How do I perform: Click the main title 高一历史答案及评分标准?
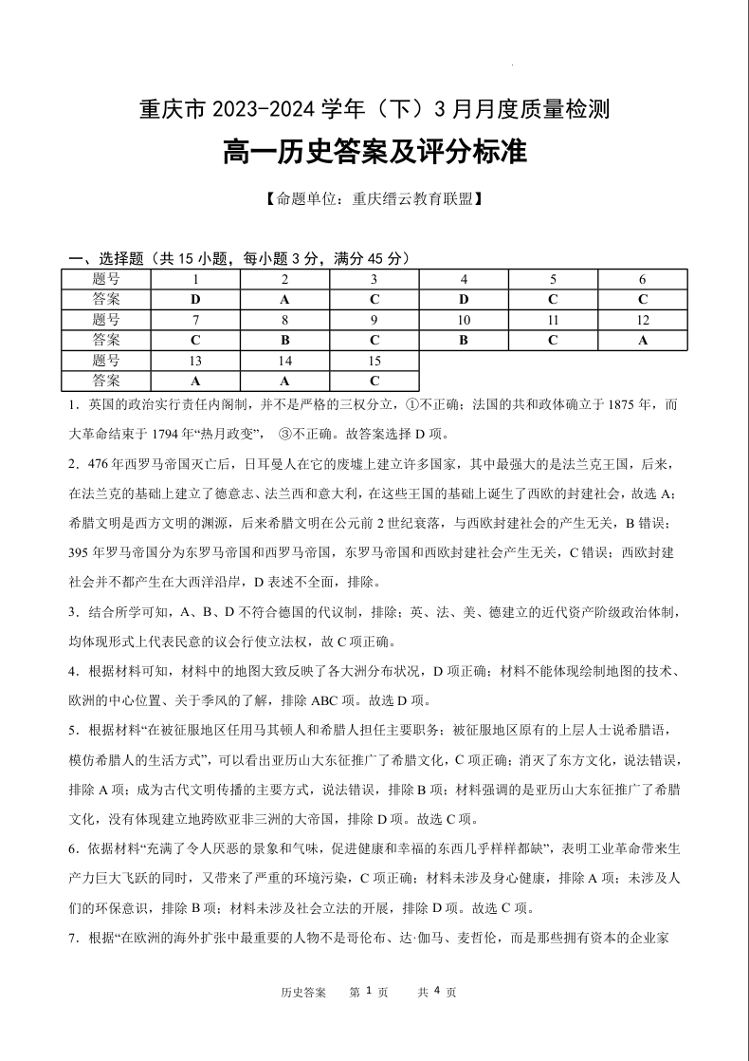point(374,152)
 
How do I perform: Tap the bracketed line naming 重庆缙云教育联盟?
point(374,199)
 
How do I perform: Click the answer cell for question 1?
point(195,299)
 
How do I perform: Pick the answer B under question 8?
point(284,340)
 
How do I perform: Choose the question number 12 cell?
point(642,320)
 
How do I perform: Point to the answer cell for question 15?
point(374,381)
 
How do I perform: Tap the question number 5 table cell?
point(553,279)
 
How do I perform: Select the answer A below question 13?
point(195,381)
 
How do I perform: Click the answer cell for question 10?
point(464,340)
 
